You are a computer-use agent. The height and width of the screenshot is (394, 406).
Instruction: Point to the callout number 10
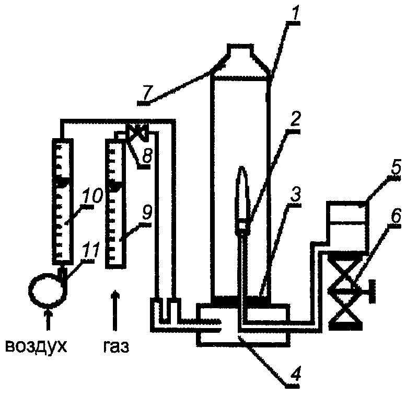point(92,196)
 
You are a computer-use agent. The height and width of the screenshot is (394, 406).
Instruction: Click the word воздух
point(36,346)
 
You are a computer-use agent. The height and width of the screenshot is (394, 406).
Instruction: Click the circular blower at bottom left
point(48,289)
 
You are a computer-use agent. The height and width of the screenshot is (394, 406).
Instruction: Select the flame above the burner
point(242,192)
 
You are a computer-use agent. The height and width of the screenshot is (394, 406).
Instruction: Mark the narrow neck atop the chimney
point(239,49)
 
